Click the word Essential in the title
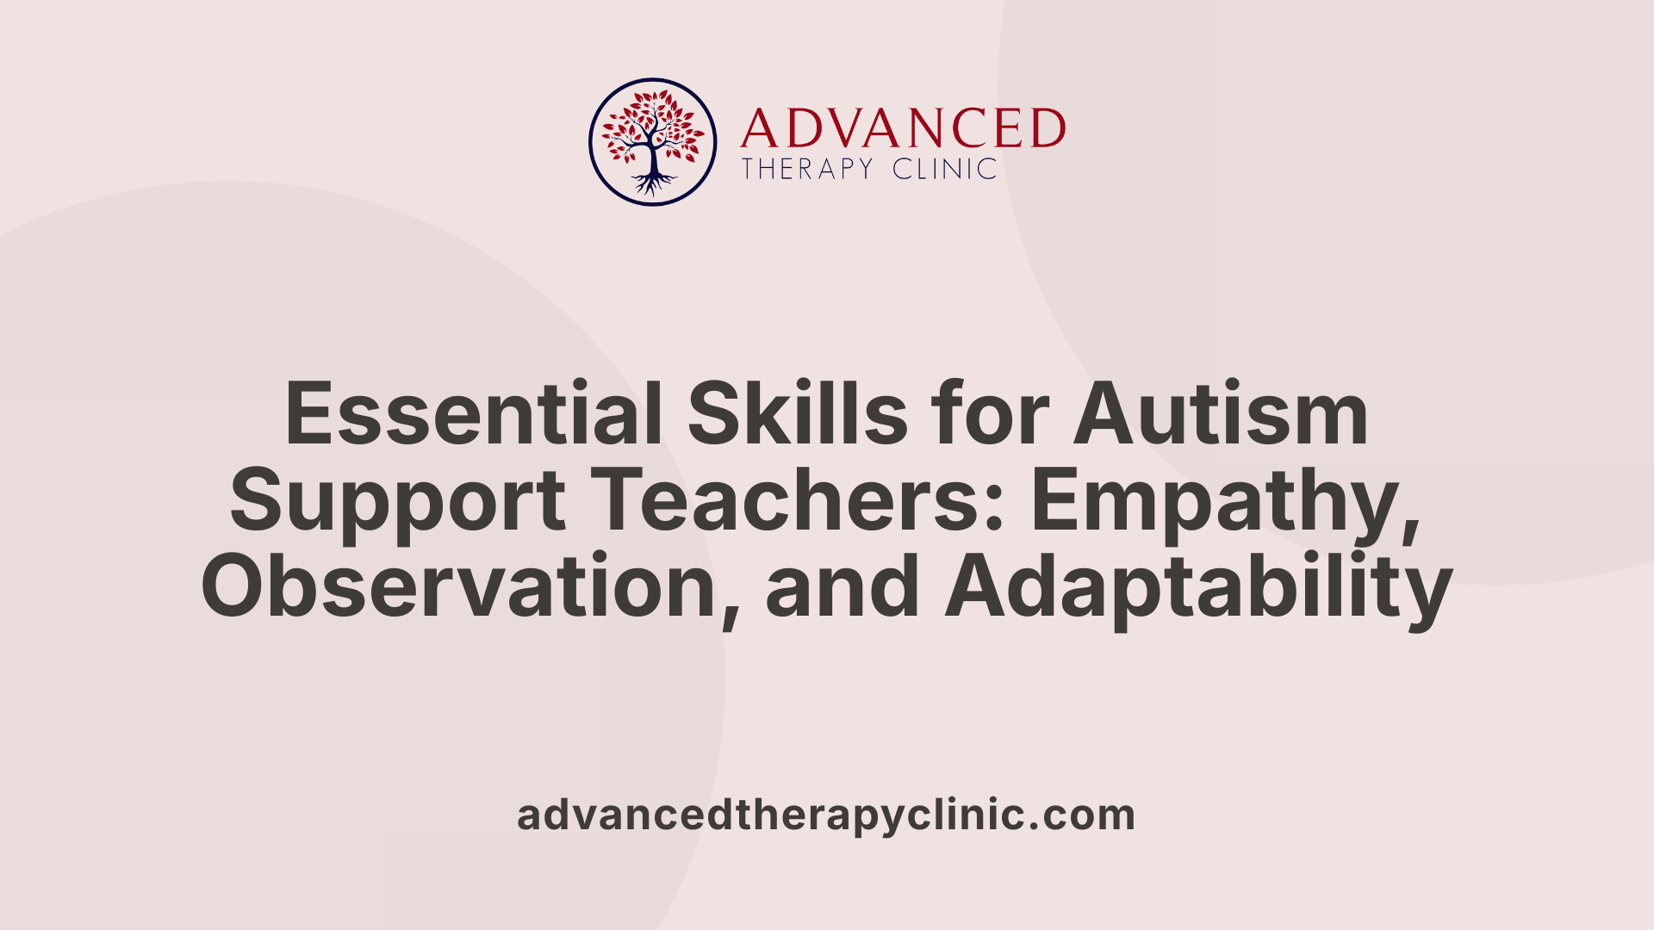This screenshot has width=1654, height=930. [x=474, y=414]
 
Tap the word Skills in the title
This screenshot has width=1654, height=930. [x=797, y=414]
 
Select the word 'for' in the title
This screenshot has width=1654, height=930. [x=990, y=414]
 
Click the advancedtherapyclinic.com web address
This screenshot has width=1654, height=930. [x=826, y=815]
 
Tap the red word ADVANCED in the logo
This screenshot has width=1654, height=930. [x=903, y=128]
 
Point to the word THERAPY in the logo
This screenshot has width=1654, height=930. [x=807, y=169]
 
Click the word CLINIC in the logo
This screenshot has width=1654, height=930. [x=944, y=169]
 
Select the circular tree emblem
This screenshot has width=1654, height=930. [x=653, y=142]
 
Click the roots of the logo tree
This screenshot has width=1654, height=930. [x=654, y=183]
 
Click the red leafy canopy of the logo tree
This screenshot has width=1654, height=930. [x=652, y=125]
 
